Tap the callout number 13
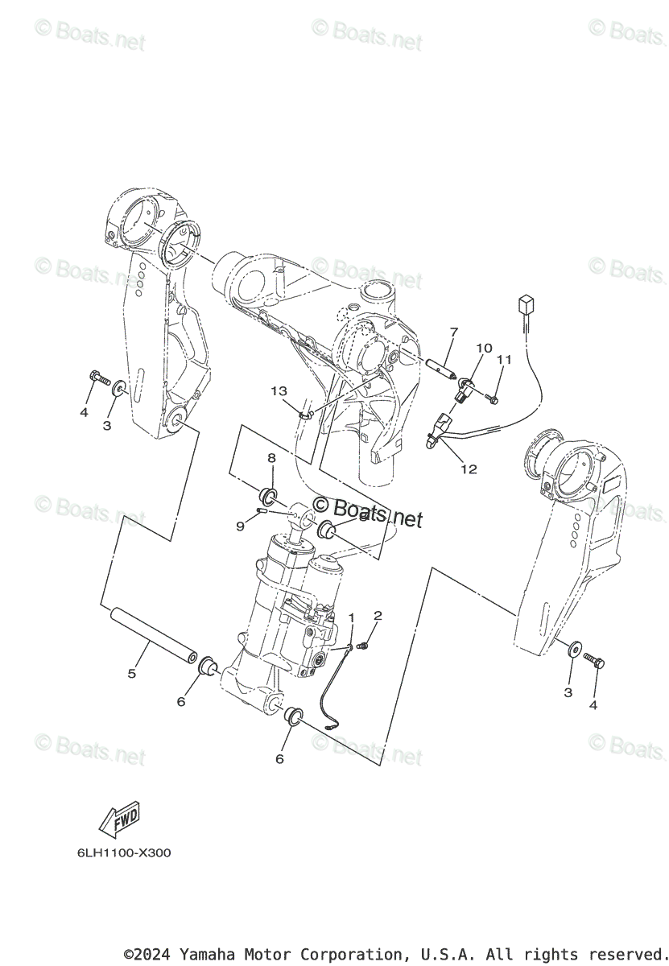(279, 391)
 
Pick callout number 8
(272, 458)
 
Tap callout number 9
(240, 526)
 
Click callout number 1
(351, 617)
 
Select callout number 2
(378, 616)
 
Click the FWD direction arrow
(119, 819)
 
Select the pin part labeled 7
(444, 363)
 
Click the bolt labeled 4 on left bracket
(100, 375)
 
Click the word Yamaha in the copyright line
(206, 955)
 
